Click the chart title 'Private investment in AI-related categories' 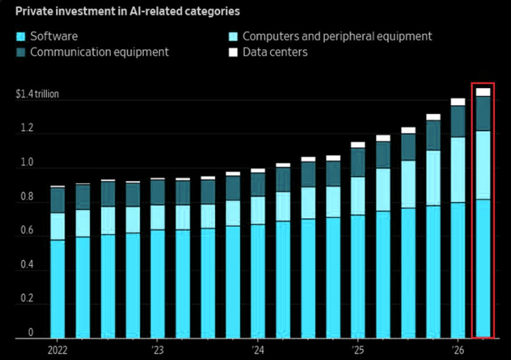pyautogui.click(x=128, y=11)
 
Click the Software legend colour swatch pyautogui.click(x=21, y=36)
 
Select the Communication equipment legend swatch pyautogui.click(x=21, y=52)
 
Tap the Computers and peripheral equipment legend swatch pyautogui.click(x=233, y=36)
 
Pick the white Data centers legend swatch pyautogui.click(x=233, y=52)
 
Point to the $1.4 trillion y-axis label pyautogui.click(x=37, y=94)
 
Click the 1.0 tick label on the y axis pyautogui.click(x=27, y=162)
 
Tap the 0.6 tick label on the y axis pyautogui.click(x=27, y=230)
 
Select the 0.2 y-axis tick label pyautogui.click(x=27, y=298)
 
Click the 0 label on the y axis pyautogui.click(x=31, y=332)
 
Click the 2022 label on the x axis pyautogui.click(x=57, y=350)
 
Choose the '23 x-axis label pyautogui.click(x=157, y=350)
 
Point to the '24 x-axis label pyautogui.click(x=258, y=350)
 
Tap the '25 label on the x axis pyautogui.click(x=358, y=350)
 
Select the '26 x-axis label pyautogui.click(x=458, y=350)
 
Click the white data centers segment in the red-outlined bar pyautogui.click(x=483, y=92)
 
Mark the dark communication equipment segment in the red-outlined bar pyautogui.click(x=483, y=114)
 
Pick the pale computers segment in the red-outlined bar pyautogui.click(x=483, y=166)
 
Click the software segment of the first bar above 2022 pyautogui.click(x=58, y=289)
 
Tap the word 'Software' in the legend pyautogui.click(x=54, y=36)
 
